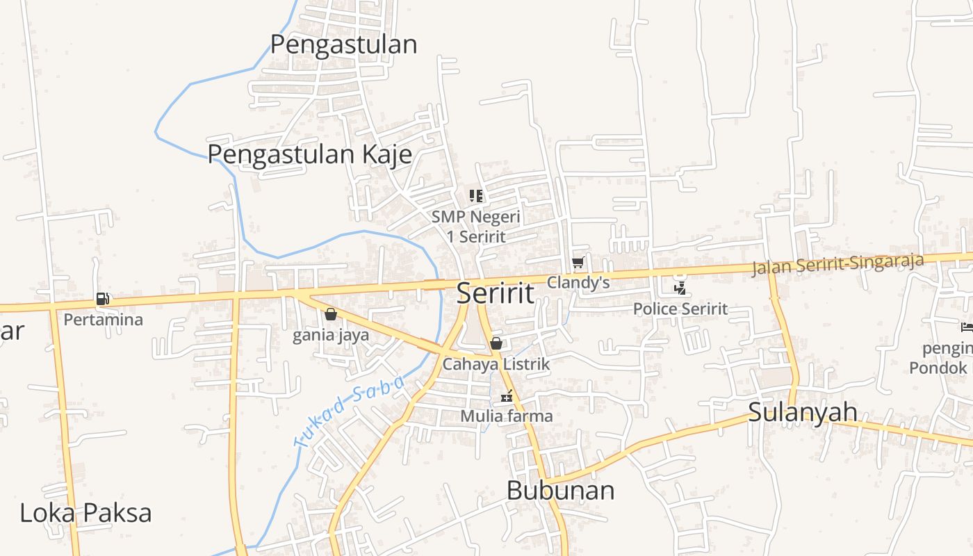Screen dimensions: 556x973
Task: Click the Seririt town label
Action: [496, 293]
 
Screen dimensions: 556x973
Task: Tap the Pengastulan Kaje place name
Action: [310, 154]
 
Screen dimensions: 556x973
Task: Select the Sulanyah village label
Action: [803, 412]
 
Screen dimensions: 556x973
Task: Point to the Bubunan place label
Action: [560, 491]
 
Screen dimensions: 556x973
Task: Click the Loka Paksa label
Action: [85, 514]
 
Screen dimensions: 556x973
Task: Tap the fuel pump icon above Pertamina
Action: [102, 300]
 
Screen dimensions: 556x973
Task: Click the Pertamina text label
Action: [103, 320]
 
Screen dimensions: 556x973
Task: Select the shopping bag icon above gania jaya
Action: [331, 315]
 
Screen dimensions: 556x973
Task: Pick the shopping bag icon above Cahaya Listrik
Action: [496, 343]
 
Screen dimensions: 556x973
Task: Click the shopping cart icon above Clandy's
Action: [578, 263]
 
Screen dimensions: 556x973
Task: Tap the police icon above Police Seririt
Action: [680, 288]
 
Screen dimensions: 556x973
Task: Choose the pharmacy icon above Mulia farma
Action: [507, 396]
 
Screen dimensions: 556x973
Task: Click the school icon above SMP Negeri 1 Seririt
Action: [476, 196]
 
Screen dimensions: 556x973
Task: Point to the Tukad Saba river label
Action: [350, 411]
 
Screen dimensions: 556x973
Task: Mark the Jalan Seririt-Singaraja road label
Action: [837, 265]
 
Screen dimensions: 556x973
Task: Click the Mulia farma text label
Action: [507, 416]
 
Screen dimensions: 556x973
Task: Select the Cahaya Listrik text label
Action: [496, 363]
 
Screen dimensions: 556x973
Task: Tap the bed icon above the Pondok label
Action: [966, 327]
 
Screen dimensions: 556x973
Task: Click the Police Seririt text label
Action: [680, 309]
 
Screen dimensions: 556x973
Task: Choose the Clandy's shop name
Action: [578, 283]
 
